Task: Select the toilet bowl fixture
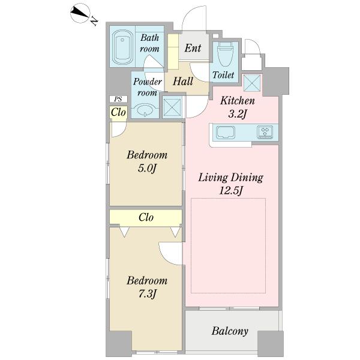click(225, 54)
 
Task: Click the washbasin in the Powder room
click(145, 110)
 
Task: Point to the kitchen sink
click(226, 132)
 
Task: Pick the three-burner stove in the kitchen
click(265, 132)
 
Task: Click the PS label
click(118, 99)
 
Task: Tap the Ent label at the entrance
click(193, 48)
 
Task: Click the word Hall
click(183, 81)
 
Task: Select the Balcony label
click(230, 331)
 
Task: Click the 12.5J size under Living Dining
click(231, 191)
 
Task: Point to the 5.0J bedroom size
click(147, 169)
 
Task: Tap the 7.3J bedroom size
click(147, 294)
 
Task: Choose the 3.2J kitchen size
click(238, 114)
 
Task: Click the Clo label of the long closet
click(146, 217)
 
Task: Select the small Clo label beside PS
click(118, 113)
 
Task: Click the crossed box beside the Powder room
click(172, 107)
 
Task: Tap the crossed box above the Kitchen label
click(252, 83)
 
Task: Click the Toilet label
click(223, 75)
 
